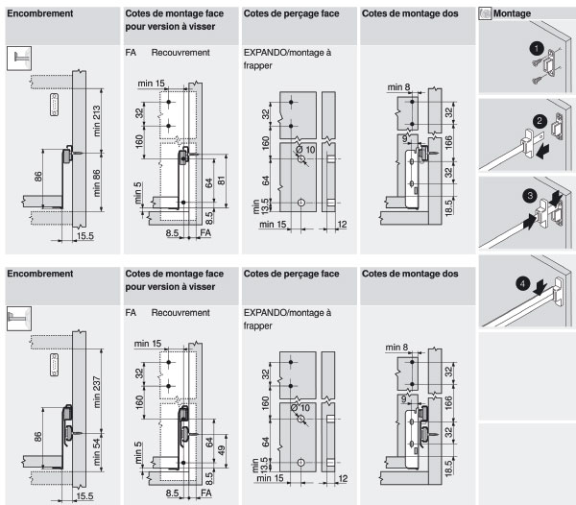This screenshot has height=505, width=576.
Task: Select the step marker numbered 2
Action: [x=540, y=122]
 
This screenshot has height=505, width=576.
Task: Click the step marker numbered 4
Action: [x=521, y=282]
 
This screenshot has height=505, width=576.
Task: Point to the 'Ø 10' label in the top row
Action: [x=305, y=150]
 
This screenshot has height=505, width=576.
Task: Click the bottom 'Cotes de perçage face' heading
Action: [x=291, y=274]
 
